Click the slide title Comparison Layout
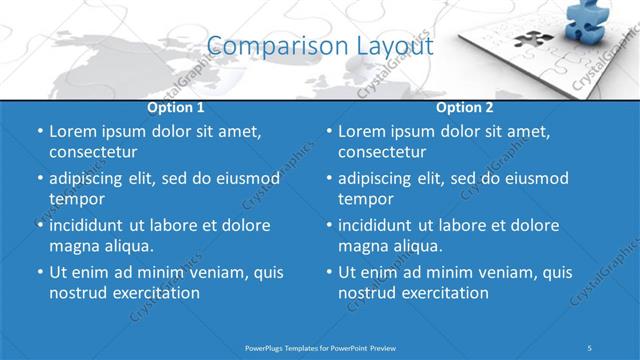click(x=320, y=46)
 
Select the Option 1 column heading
click(x=176, y=107)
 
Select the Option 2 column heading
click(x=465, y=107)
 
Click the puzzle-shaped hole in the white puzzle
click(x=533, y=41)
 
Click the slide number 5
click(x=590, y=347)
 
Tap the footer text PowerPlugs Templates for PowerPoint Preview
click(x=320, y=347)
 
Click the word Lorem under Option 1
click(x=74, y=131)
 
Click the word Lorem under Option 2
click(x=363, y=131)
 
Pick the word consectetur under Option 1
click(x=93, y=152)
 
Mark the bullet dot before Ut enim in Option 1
click(x=39, y=272)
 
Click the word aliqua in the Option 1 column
click(x=129, y=246)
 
